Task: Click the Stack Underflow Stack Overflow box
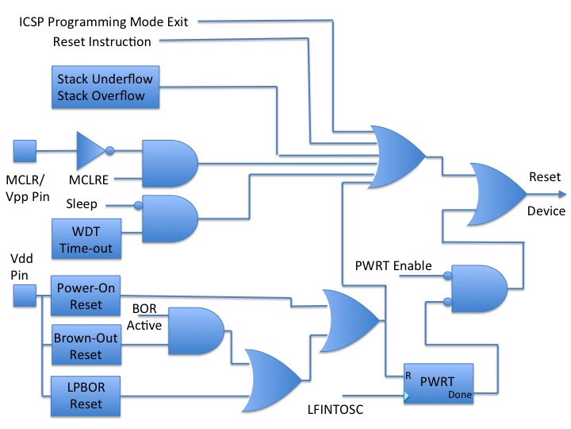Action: [x=105, y=88]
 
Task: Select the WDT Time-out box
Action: [x=86, y=239]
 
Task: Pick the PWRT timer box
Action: [x=437, y=385]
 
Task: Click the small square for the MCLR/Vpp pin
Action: [x=25, y=150]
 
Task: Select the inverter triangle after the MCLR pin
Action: [x=90, y=149]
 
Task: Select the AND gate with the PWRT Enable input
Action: [x=477, y=288]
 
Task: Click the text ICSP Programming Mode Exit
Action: [x=104, y=21]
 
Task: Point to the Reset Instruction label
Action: [x=102, y=41]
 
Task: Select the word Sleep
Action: [x=82, y=204]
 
